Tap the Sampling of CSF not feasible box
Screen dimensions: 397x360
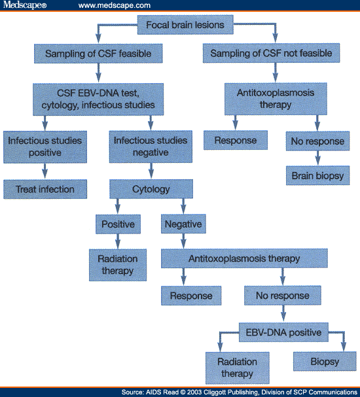click(272, 53)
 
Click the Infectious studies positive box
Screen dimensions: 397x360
click(43, 147)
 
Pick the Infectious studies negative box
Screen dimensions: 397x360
click(150, 147)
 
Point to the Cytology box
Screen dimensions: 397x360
click(151, 190)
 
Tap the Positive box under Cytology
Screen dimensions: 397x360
click(118, 224)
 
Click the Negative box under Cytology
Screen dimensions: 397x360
click(183, 224)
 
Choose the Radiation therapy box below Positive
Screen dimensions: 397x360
click(118, 265)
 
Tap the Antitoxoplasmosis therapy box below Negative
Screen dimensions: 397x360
click(244, 258)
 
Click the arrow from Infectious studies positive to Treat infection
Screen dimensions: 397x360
click(44, 170)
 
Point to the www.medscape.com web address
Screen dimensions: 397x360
click(115, 5)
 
